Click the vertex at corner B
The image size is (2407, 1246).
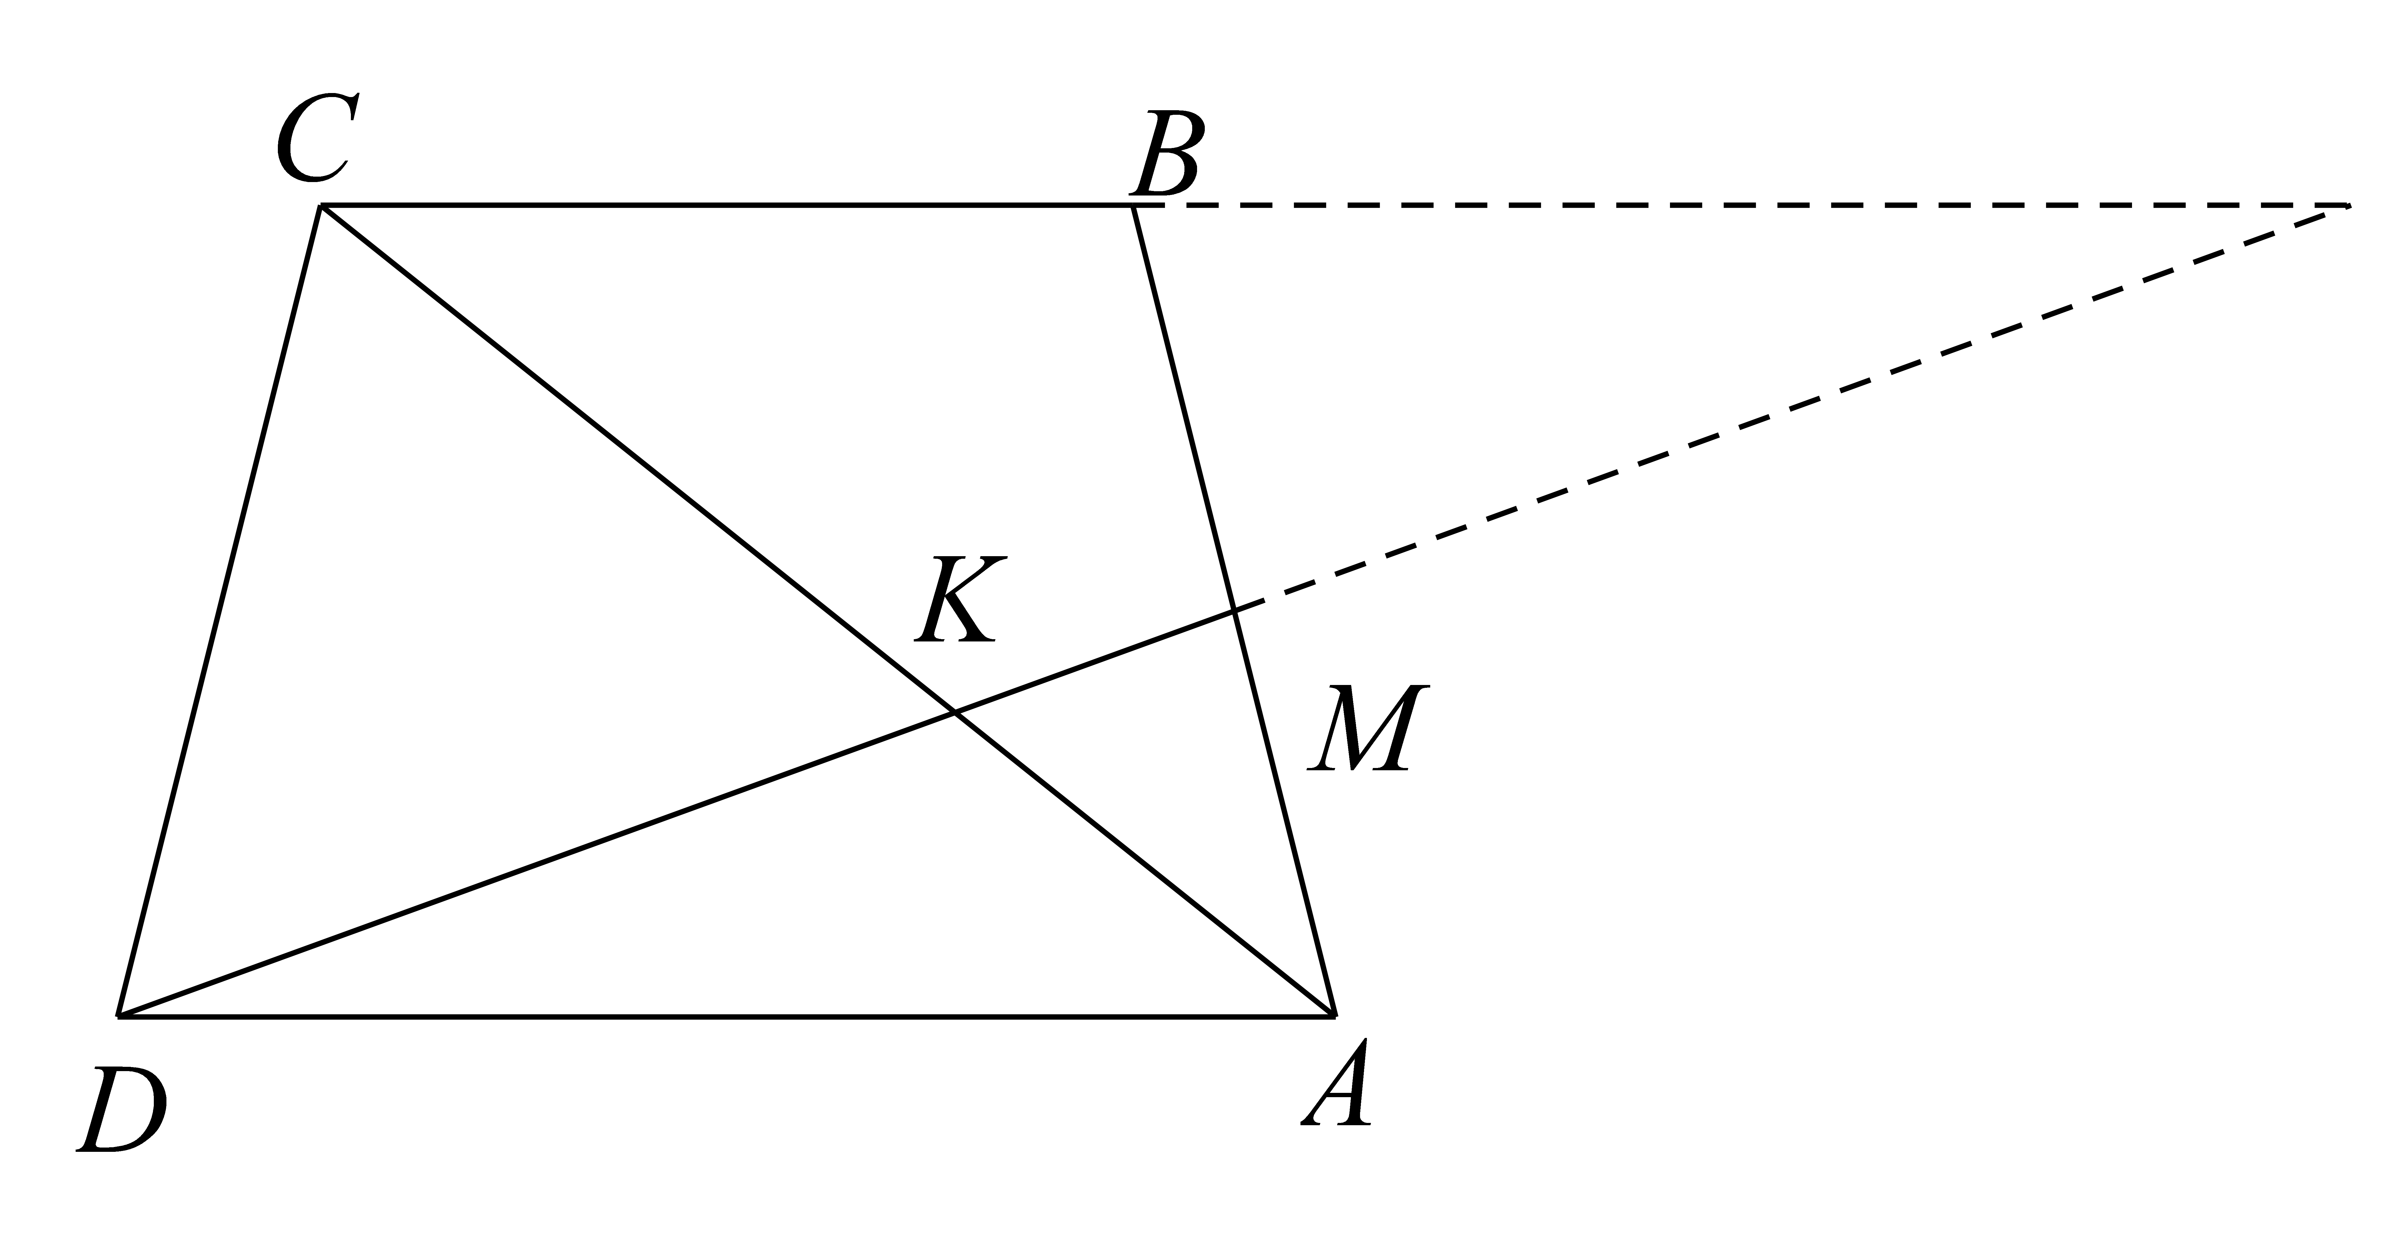(x=1133, y=206)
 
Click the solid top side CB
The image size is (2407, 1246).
(x=727, y=206)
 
